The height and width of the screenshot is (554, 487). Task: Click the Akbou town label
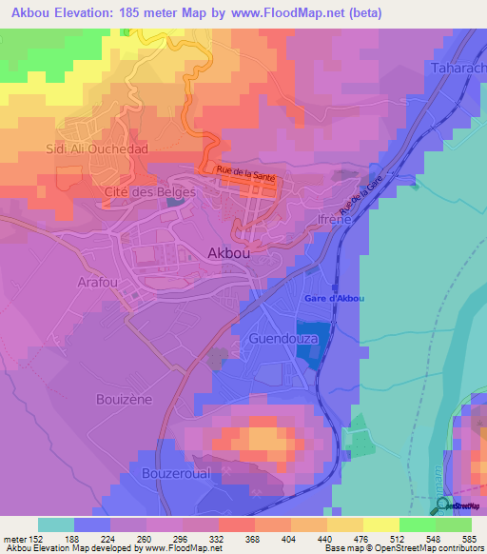click(230, 253)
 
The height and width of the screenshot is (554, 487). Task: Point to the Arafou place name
click(97, 283)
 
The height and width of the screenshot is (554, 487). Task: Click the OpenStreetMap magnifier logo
click(442, 505)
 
